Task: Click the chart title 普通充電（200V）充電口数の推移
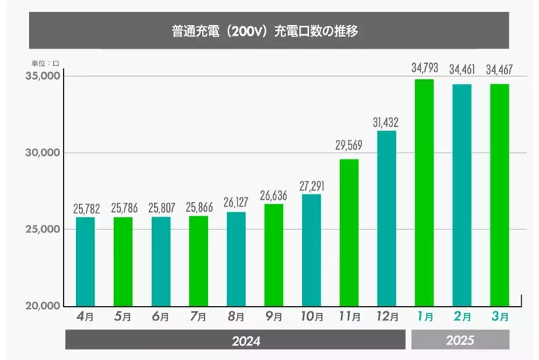click(x=265, y=31)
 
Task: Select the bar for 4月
click(x=85, y=262)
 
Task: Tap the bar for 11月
click(x=349, y=232)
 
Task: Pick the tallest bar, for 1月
click(x=424, y=193)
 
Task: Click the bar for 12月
click(x=386, y=218)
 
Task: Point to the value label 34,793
click(x=425, y=68)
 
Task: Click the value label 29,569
click(x=349, y=145)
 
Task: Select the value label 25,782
click(x=87, y=209)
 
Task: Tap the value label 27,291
click(x=311, y=186)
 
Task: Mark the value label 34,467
click(x=500, y=69)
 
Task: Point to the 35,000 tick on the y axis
click(x=43, y=76)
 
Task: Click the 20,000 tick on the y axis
click(x=43, y=305)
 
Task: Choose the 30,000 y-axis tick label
click(x=43, y=153)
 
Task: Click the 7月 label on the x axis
click(x=198, y=317)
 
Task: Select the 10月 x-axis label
click(x=312, y=317)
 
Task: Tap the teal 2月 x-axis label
click(x=462, y=317)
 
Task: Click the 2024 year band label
click(x=246, y=341)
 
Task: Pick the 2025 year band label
click(x=460, y=340)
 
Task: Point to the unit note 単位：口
click(x=46, y=63)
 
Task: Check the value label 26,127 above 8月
click(x=236, y=202)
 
